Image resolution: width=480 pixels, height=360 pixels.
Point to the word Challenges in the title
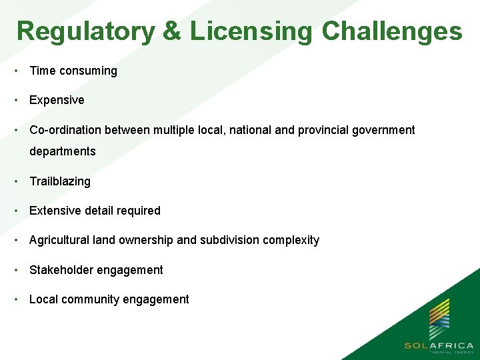[391, 31]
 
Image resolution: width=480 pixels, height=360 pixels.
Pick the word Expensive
[57, 100]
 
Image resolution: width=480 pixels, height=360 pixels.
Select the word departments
[63, 151]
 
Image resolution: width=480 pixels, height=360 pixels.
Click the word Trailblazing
[60, 181]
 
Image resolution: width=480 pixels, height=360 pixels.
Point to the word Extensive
[53, 211]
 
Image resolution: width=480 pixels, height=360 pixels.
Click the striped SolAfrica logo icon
[439, 319]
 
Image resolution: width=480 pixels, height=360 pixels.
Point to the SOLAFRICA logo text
[439, 345]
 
